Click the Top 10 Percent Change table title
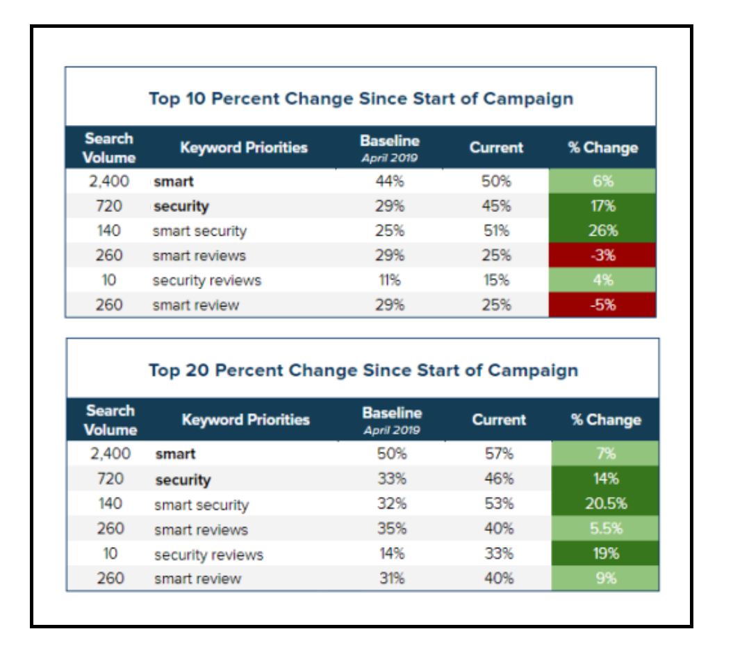[361, 98]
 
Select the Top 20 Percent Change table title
[363, 370]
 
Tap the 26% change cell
[602, 231]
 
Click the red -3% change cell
[602, 255]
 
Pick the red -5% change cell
[602, 304]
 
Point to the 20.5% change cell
[605, 504]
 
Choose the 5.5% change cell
[605, 528]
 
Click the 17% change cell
[602, 206]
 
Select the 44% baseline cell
[389, 181]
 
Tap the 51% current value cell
[496, 231]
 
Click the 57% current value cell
[499, 454]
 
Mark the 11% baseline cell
[389, 280]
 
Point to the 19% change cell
[605, 553]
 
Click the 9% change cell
[605, 578]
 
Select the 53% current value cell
[499, 504]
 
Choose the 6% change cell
[602, 181]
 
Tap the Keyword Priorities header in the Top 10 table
[243, 147]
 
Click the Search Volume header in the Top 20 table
[110, 420]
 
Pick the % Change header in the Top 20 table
[605, 420]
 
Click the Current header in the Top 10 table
[496, 147]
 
